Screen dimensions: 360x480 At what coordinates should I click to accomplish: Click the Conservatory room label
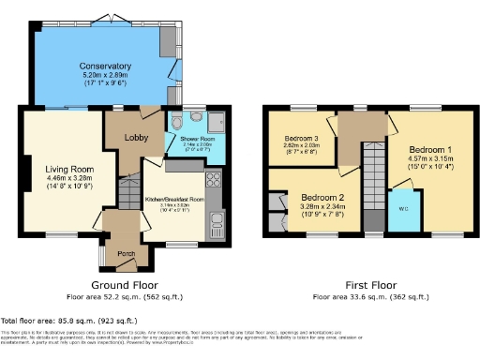pyautogui.click(x=105, y=67)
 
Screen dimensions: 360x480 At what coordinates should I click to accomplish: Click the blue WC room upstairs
pyautogui.click(x=402, y=209)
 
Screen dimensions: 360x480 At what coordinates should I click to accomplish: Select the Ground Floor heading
pyautogui.click(x=124, y=284)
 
